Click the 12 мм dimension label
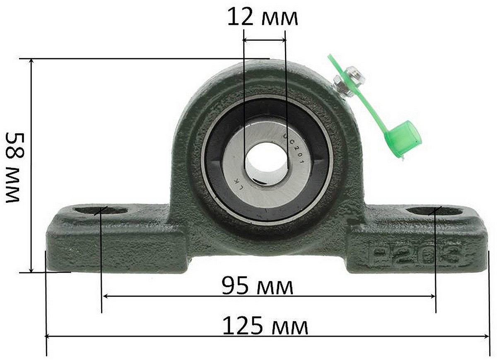coord(263,17)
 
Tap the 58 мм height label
coord(15,167)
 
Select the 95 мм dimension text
coord(257,286)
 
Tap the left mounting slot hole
coord(101,210)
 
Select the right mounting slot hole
coord(435,211)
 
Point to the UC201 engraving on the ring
coord(293,149)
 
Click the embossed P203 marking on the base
coord(415,255)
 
